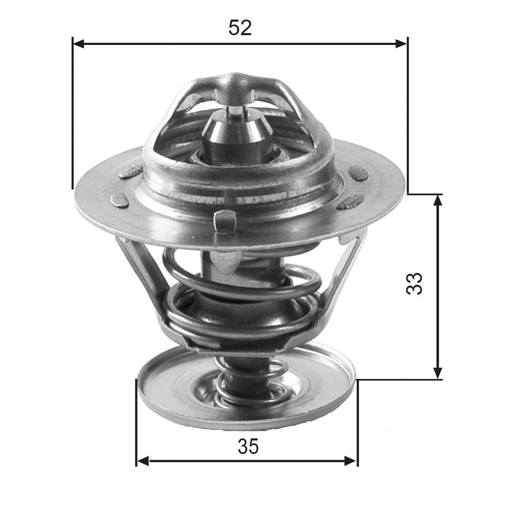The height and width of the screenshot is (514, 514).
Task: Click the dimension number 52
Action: tap(240, 28)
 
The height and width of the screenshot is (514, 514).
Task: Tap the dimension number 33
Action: tap(414, 284)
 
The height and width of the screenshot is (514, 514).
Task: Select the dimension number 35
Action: tap(248, 447)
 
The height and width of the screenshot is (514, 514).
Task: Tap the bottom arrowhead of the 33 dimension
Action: tap(438, 373)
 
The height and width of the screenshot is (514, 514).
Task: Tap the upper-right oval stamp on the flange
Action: tap(359, 172)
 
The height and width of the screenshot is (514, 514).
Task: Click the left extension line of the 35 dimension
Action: tap(136, 421)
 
